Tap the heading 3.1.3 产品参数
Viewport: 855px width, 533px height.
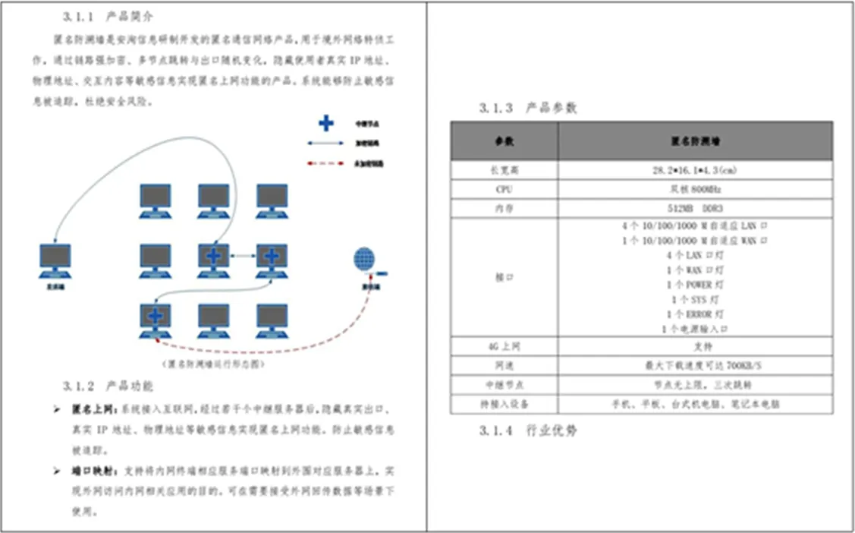[x=528, y=108]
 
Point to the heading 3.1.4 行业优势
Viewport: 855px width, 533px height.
[x=528, y=431]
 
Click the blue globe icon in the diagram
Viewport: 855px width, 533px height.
[x=363, y=259]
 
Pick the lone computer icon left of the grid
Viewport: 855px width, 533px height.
[x=55, y=260]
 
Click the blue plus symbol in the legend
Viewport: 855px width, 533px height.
[x=325, y=123]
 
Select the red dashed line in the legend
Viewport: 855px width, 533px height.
[x=325, y=163]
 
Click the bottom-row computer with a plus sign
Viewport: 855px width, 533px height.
[x=155, y=318]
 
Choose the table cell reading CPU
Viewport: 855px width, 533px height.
[x=504, y=189]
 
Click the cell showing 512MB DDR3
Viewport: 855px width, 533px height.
[x=694, y=208]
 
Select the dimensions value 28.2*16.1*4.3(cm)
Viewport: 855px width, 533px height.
[x=694, y=170]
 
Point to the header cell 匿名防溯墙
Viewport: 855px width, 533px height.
[x=694, y=140]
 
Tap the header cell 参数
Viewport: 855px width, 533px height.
[x=504, y=140]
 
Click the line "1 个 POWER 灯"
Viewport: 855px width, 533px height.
[x=694, y=285]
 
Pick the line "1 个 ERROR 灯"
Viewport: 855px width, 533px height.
[x=694, y=314]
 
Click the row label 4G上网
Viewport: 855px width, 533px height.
[x=504, y=347]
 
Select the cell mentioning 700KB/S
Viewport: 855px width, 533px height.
[x=694, y=366]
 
